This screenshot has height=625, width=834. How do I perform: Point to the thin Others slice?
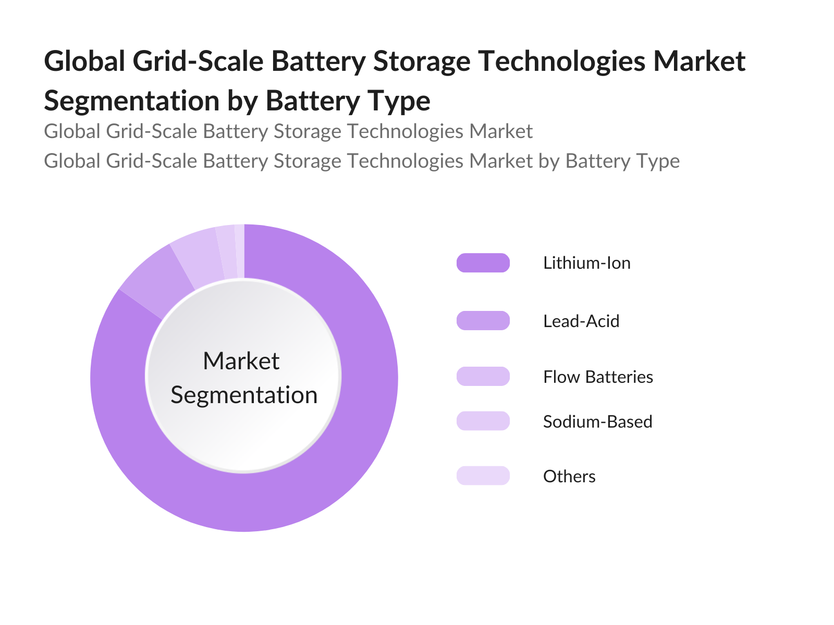coord(240,252)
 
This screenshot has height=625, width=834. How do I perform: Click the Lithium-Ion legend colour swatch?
coord(483,263)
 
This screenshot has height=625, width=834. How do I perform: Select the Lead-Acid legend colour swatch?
coord(483,321)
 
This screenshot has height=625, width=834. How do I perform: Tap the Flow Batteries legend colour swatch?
coord(483,377)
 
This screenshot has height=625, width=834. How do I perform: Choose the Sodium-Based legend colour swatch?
coord(483,421)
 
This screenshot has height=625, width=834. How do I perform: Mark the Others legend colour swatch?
coord(483,476)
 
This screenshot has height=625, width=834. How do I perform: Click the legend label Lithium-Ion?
coord(586,263)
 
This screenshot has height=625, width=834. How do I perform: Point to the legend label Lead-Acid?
coord(581,321)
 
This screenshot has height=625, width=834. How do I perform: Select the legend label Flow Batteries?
coord(598,377)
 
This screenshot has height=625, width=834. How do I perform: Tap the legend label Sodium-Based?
coord(597,421)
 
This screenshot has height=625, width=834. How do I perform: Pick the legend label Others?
coord(569,477)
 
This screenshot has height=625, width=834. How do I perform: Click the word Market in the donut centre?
coord(241,361)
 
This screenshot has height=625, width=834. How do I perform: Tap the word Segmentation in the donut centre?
coord(244,395)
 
